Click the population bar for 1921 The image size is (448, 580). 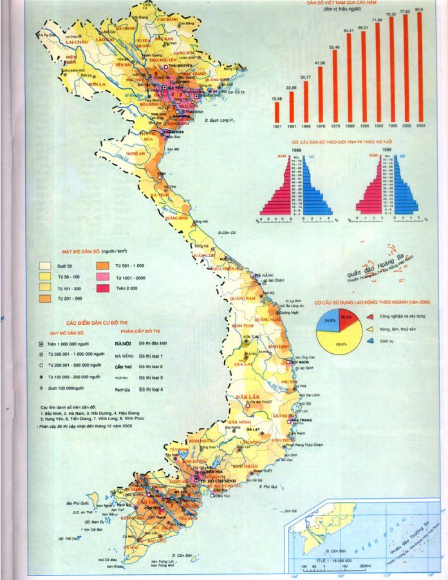[x=277, y=111]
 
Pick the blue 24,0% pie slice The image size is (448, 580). [x=330, y=320]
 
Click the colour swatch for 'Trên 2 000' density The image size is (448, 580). [x=102, y=289]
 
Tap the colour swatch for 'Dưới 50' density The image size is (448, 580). [x=45, y=265]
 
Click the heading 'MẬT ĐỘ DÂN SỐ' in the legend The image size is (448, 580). [x=84, y=250]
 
